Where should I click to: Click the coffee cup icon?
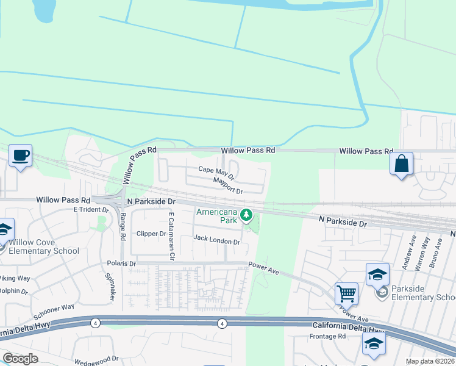pyautogui.click(x=20, y=156)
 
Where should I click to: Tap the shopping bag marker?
pyautogui.click(x=401, y=163)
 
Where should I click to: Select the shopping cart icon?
pyautogui.click(x=346, y=293)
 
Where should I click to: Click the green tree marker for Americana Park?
pyautogui.click(x=246, y=215)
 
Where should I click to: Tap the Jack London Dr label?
pyautogui.click(x=216, y=242)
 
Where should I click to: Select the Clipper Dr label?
pyautogui.click(x=151, y=234)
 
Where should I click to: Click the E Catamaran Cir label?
pyautogui.click(x=172, y=237)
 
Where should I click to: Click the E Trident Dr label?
pyautogui.click(x=91, y=210)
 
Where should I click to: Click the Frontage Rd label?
pyautogui.click(x=327, y=336)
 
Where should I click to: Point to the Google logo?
pyautogui.click(x=20, y=359)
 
